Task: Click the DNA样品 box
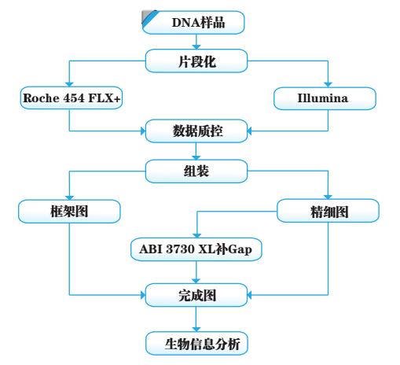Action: coord(193,22)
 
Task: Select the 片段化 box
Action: coord(196,61)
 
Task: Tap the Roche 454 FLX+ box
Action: coord(72,98)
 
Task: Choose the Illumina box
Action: coord(325,98)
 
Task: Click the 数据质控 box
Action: coord(196,131)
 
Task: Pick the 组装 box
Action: coord(196,171)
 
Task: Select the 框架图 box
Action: coord(69,212)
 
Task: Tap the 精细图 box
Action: coord(328,211)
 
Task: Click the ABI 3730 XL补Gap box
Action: coord(196,249)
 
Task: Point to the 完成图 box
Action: coord(196,295)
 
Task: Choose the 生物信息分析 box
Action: coord(196,344)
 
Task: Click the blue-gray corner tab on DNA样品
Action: coord(149,17)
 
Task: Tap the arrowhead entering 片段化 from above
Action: coord(196,47)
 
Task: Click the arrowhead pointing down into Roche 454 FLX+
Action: coord(69,84)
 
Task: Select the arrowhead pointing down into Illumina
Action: coord(328,85)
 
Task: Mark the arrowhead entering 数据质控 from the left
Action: coord(143,131)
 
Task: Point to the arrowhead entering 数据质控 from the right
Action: coord(250,131)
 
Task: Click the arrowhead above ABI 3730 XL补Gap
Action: coord(197,235)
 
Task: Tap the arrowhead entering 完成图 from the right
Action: coord(250,295)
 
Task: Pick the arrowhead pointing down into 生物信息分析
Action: coord(196,330)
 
